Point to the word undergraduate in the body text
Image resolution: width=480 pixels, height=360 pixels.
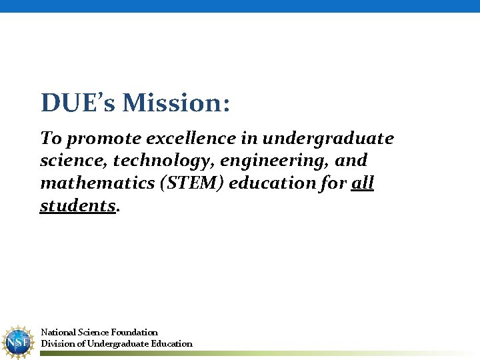click(x=328, y=139)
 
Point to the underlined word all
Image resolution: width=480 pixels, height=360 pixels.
click(x=362, y=183)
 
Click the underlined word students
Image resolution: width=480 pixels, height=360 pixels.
click(x=78, y=205)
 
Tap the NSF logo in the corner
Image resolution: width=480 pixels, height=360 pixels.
click(x=17, y=342)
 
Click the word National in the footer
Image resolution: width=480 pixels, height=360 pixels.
click(x=58, y=332)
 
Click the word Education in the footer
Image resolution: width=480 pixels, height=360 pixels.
click(x=170, y=344)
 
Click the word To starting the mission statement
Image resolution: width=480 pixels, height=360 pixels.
click(x=51, y=139)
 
